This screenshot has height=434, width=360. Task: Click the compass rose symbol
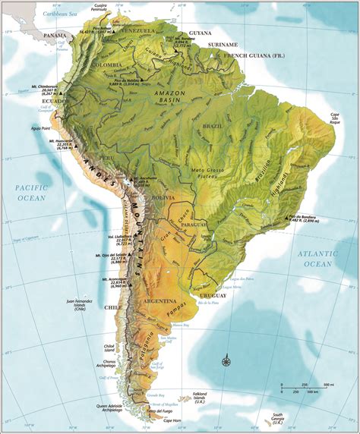[226, 360]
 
